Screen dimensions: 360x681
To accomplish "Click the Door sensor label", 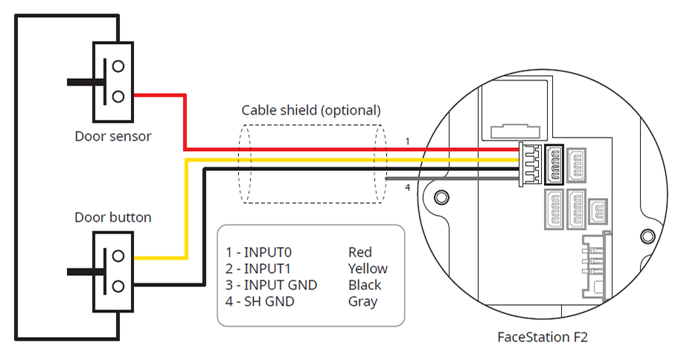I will [x=113, y=136].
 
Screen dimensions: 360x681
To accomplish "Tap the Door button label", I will [x=113, y=218].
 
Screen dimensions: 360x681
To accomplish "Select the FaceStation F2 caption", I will [x=543, y=337].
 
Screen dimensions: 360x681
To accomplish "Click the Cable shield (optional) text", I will [x=311, y=110].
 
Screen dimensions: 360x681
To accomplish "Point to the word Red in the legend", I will [x=359, y=252].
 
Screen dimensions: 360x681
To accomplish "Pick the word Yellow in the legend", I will [x=368, y=269].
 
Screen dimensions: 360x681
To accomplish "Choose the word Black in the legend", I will [x=365, y=285].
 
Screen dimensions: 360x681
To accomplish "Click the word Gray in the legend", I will [x=362, y=301].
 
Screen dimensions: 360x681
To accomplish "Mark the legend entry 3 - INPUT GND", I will [x=271, y=285].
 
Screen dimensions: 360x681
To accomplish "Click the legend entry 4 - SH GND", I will [x=260, y=301].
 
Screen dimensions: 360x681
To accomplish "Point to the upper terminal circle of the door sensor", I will [x=118, y=65].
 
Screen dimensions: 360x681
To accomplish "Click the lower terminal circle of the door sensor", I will [x=118, y=95].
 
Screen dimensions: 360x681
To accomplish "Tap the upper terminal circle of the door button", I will [x=118, y=255].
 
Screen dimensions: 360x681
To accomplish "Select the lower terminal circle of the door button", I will [x=118, y=285].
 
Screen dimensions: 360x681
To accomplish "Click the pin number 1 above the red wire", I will [x=407, y=141].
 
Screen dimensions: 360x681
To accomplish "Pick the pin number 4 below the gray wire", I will [x=407, y=187].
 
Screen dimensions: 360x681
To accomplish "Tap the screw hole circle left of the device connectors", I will [x=441, y=197].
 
